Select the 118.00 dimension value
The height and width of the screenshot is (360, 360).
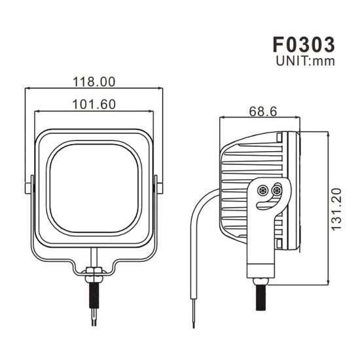[x=94, y=82]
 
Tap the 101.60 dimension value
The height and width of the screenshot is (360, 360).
[x=94, y=103]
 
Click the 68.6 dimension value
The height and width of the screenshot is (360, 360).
[x=262, y=112]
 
